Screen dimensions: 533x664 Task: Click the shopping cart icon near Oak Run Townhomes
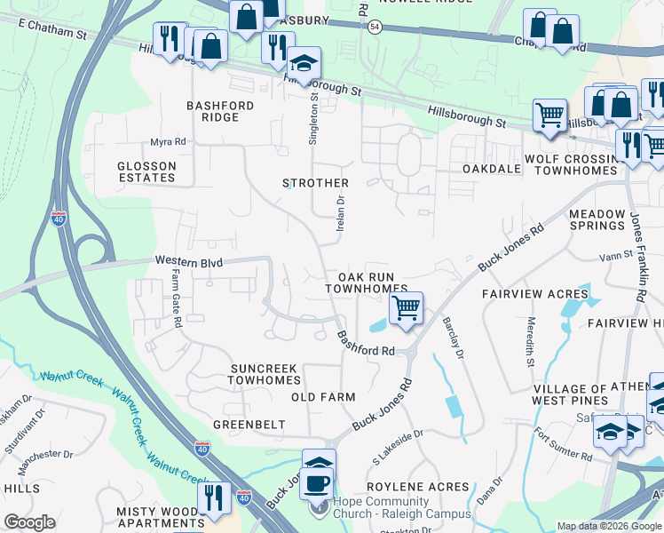coord(406,308)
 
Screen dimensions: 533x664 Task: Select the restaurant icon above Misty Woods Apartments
coord(212,497)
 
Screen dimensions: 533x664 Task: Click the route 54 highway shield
coord(375,28)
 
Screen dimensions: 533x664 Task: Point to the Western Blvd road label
coord(186,262)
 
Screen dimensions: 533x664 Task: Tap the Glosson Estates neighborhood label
coord(146,171)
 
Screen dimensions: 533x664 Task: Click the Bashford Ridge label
coord(219,111)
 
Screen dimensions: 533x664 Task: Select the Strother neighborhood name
coord(315,183)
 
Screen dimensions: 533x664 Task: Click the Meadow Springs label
coord(597,220)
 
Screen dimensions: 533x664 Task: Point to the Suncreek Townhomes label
coord(266,373)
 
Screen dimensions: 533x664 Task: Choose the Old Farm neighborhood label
coord(323,397)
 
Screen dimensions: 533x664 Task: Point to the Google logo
coord(29,522)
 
